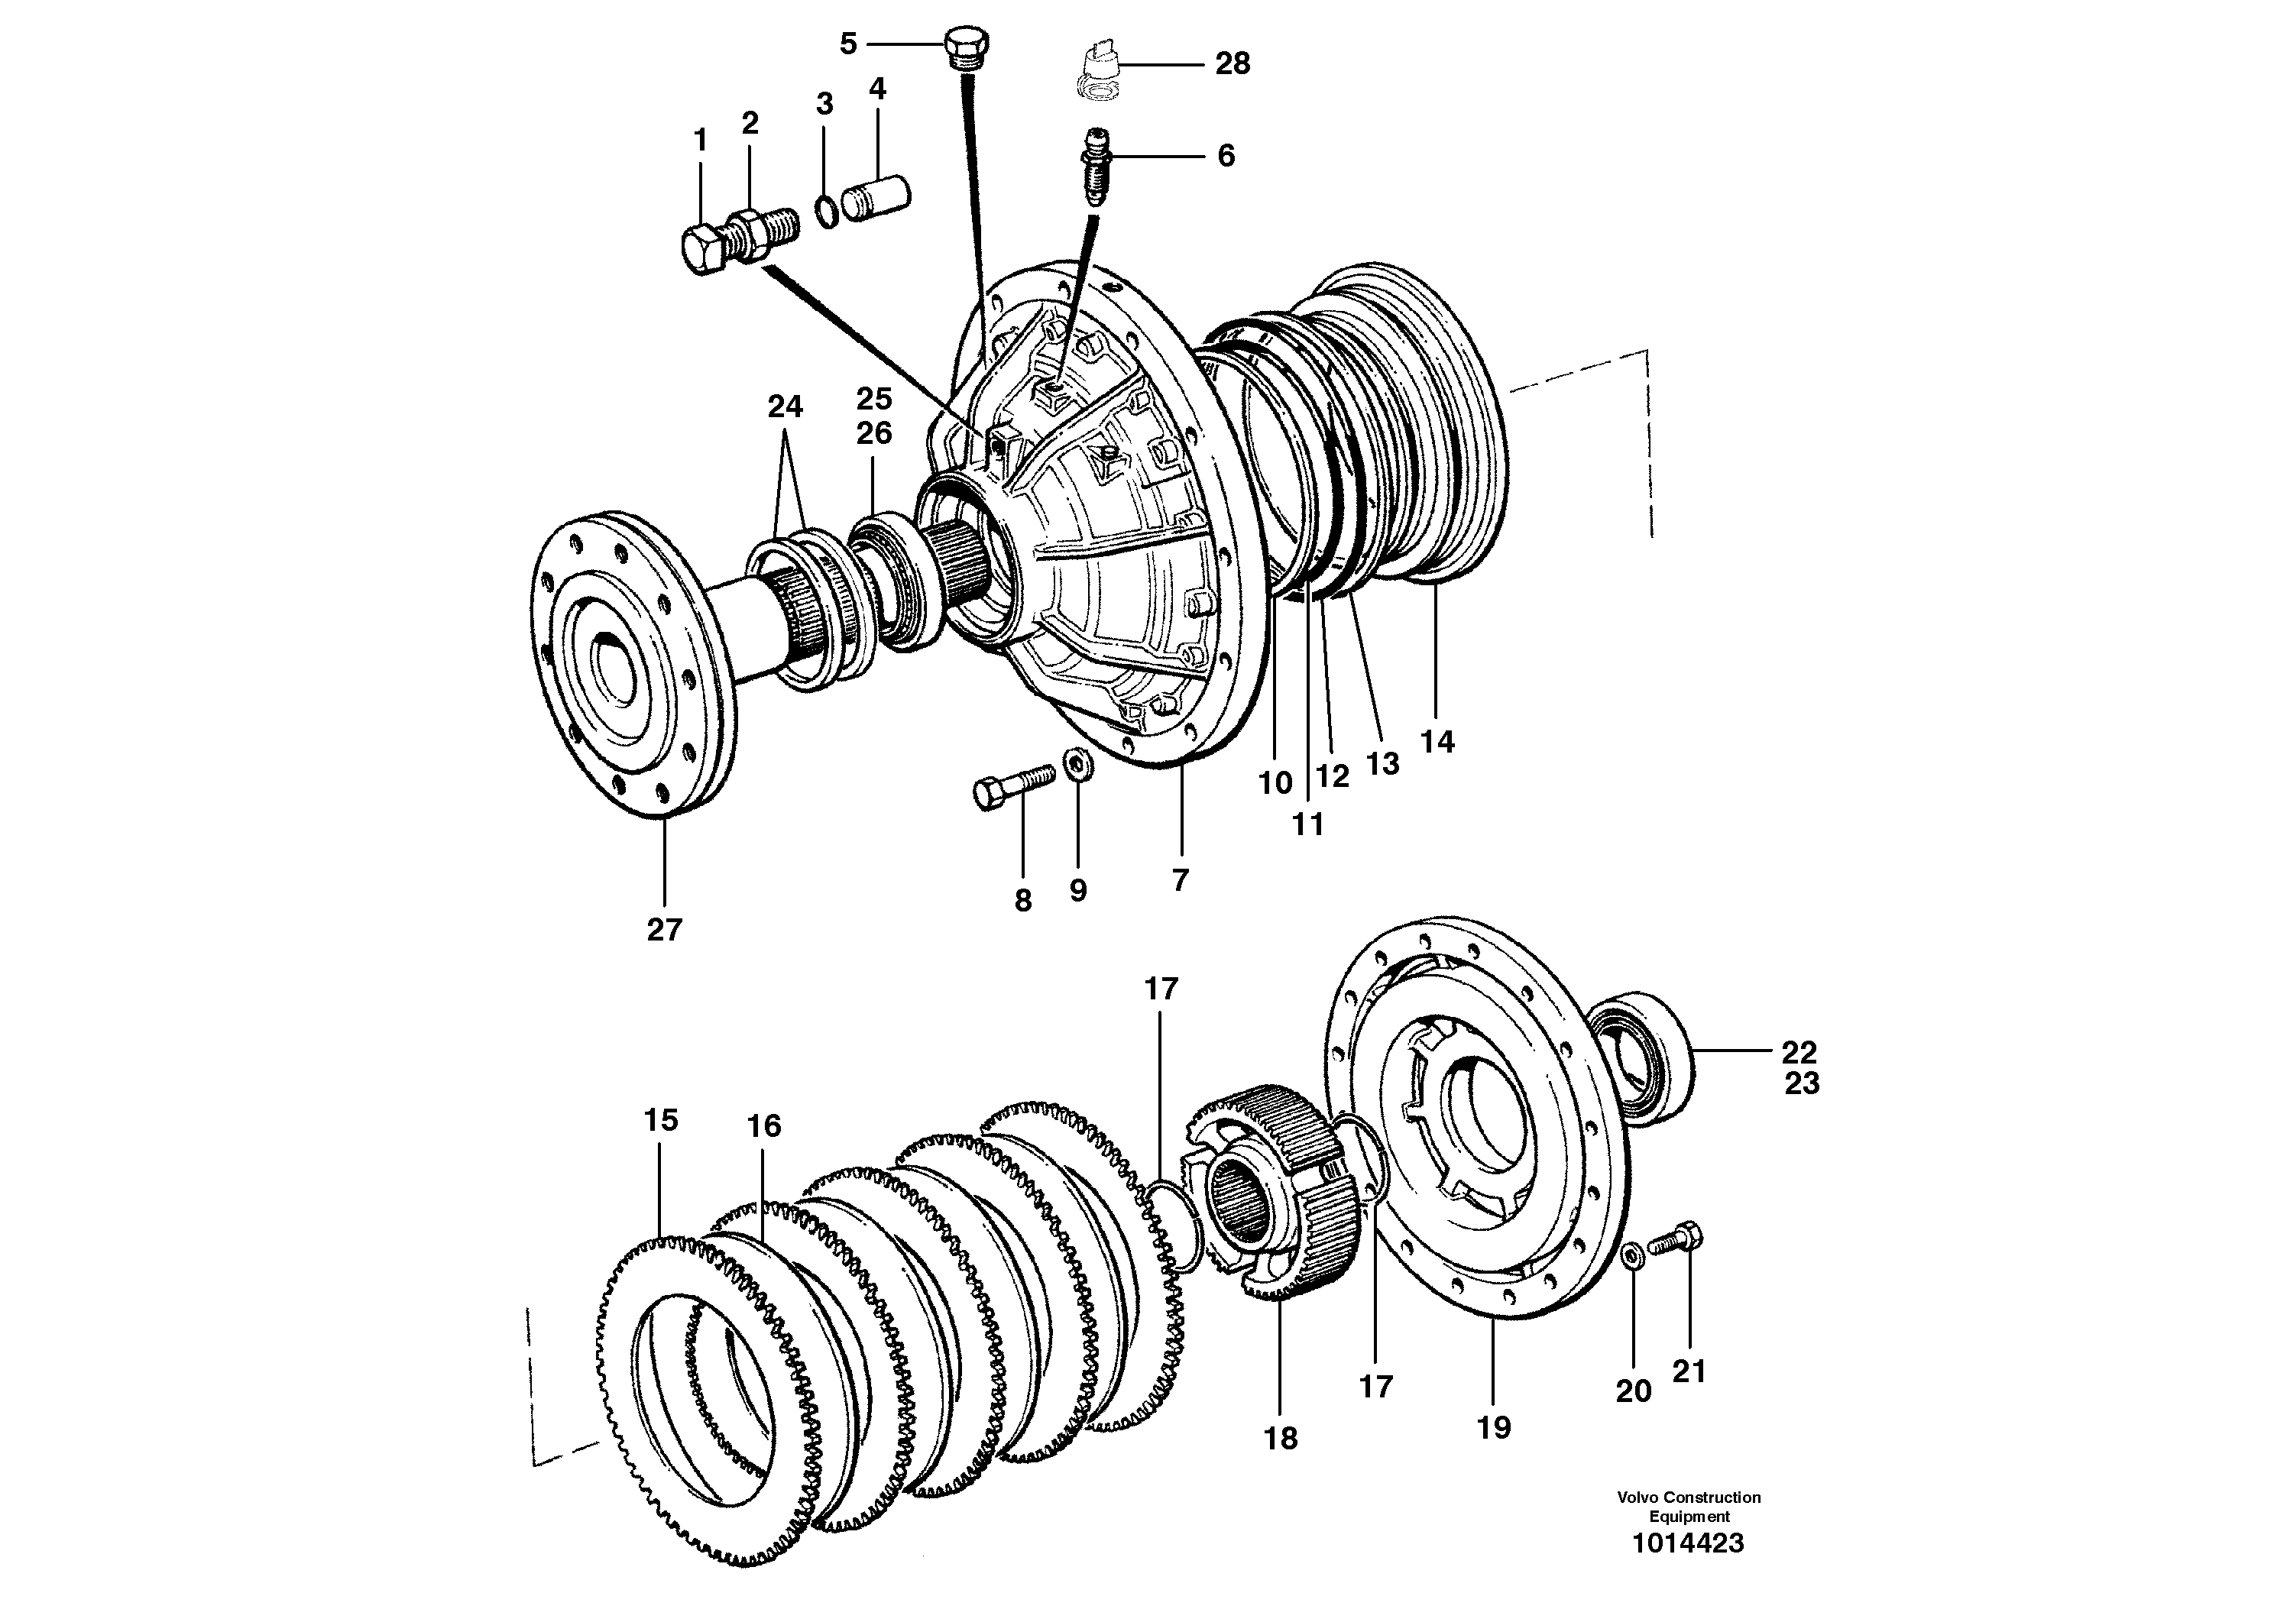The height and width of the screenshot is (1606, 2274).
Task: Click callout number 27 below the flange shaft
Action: click(x=665, y=930)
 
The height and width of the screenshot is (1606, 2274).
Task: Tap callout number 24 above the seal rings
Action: click(x=785, y=407)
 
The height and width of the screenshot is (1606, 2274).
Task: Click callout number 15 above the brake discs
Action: click(x=661, y=1120)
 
